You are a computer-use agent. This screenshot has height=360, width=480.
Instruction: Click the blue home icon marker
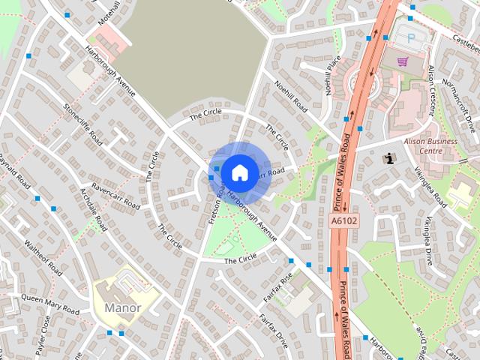pos(238,172)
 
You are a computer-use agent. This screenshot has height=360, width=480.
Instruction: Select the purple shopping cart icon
pos(403,61)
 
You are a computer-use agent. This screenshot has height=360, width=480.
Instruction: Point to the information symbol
pos(388,158)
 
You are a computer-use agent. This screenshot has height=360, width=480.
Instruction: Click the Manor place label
pos(122,307)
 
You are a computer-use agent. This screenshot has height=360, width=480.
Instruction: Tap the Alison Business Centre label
pos(430,145)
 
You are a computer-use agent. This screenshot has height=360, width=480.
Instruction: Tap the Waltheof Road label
pos(43,256)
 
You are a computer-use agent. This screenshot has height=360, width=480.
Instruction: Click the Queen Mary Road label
pos(50,303)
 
